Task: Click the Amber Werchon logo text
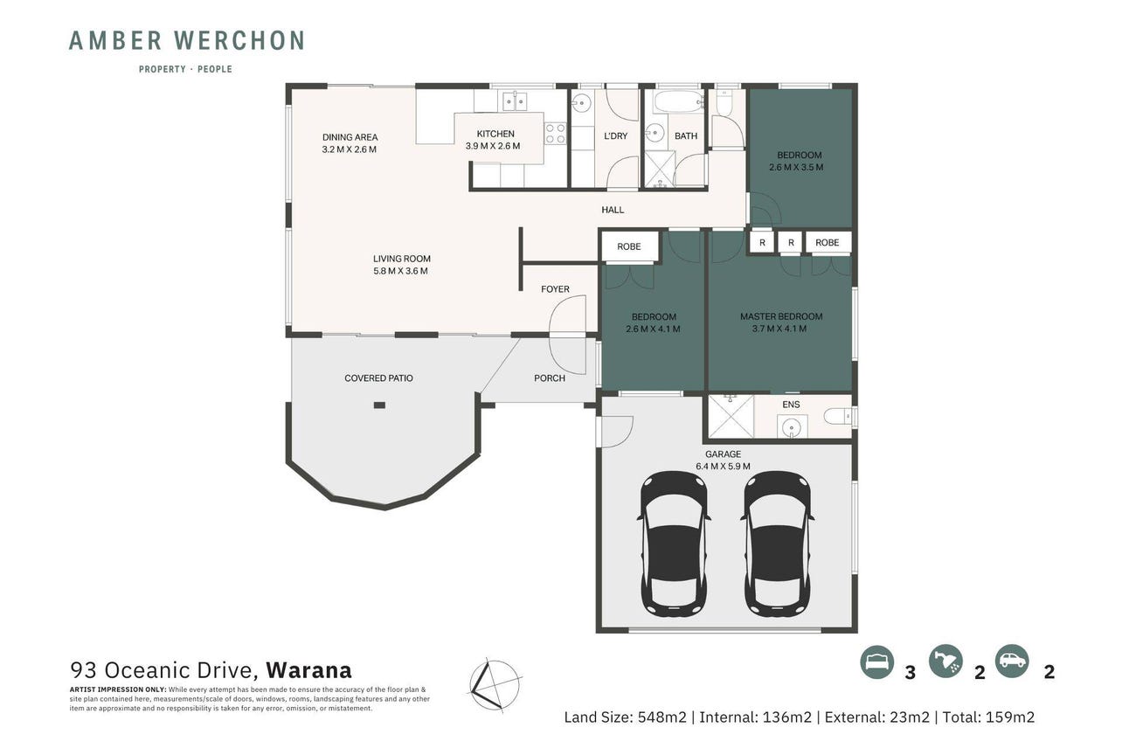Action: pyautogui.click(x=186, y=40)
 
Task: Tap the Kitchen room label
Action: pyautogui.click(x=495, y=134)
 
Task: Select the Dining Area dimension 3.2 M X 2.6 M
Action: pyautogui.click(x=350, y=149)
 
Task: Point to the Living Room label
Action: pyautogui.click(x=402, y=259)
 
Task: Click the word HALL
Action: pyautogui.click(x=613, y=210)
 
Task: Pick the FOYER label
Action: pyautogui.click(x=555, y=289)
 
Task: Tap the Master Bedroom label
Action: pyautogui.click(x=781, y=316)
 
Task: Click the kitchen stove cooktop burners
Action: pyautogui.click(x=556, y=133)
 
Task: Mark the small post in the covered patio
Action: pyautogui.click(x=379, y=405)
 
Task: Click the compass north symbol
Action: pyautogui.click(x=495, y=684)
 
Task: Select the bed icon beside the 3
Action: pyautogui.click(x=877, y=661)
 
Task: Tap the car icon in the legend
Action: pyautogui.click(x=1012, y=661)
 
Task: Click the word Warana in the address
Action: pyautogui.click(x=308, y=670)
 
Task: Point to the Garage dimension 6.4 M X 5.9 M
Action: pyautogui.click(x=723, y=467)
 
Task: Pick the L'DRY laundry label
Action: pyautogui.click(x=615, y=135)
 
